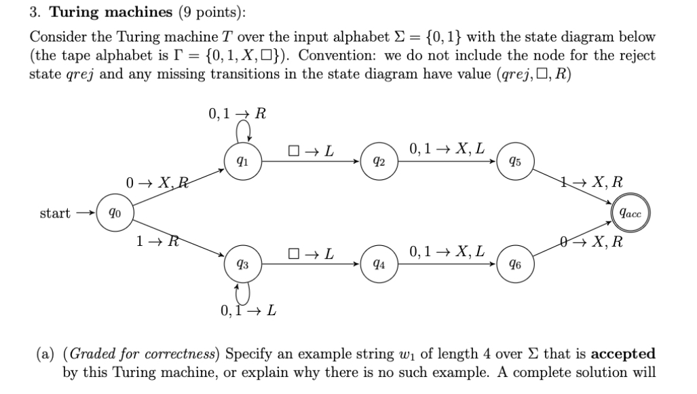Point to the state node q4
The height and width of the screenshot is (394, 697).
379,264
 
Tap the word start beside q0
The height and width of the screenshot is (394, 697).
55,213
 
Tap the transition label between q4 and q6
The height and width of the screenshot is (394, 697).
447,251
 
